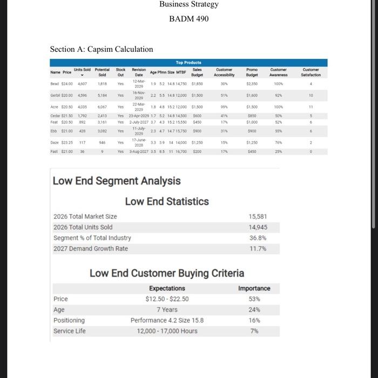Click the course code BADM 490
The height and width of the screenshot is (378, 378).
pos(188,19)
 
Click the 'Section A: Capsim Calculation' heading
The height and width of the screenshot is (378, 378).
pos(102,49)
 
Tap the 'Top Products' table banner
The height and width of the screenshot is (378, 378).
pos(188,63)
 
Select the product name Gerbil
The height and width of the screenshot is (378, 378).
pos(55,95)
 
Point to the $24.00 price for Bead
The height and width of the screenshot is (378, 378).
pos(67,84)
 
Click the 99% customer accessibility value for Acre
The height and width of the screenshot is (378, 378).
pos(224,107)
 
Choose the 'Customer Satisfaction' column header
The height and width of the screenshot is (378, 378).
pos(311,72)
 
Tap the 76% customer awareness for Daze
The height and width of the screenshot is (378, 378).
pos(279,143)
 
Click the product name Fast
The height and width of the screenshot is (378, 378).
pos(54,152)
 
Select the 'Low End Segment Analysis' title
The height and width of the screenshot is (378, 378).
pos(117,181)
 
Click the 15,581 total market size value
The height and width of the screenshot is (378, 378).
pos(258,217)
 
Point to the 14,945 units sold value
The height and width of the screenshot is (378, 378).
pos(258,227)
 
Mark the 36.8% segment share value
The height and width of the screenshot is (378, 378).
pos(258,238)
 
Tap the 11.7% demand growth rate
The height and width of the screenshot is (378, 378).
pos(258,249)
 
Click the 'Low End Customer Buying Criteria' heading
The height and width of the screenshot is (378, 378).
pos(167,273)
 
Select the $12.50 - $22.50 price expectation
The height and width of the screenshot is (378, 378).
pos(167,299)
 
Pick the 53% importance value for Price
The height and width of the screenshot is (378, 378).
pos(254,299)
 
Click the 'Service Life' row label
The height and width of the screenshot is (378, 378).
pos(69,331)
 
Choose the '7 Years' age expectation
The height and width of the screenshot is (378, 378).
pos(167,310)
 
